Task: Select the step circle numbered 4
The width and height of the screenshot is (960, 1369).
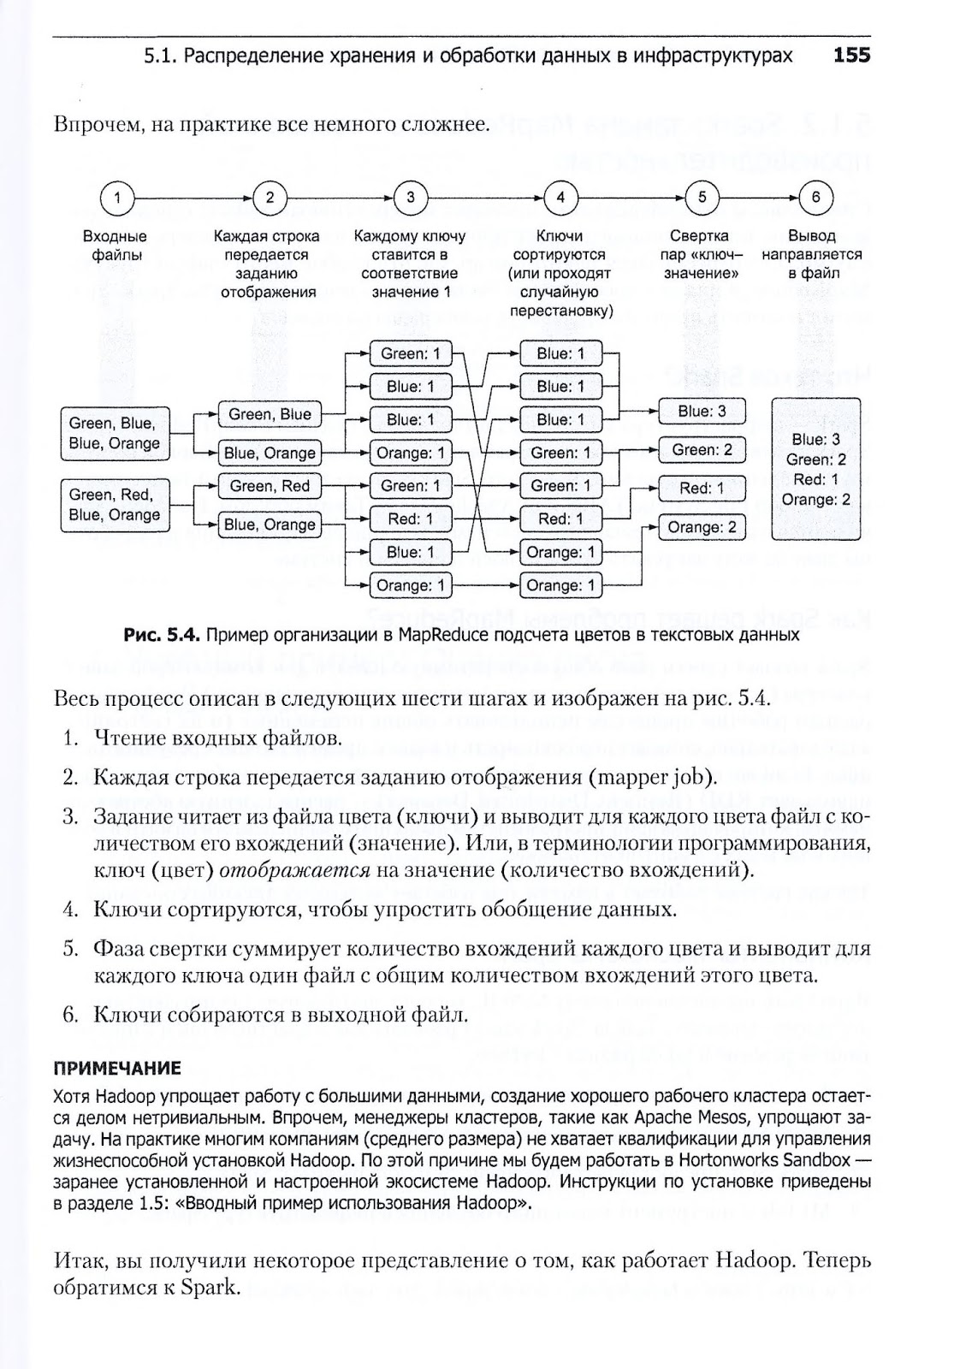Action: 560,198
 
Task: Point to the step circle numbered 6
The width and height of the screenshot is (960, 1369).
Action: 815,198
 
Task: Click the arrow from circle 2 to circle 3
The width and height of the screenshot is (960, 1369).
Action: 341,198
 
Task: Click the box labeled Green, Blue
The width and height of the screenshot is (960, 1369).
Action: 270,415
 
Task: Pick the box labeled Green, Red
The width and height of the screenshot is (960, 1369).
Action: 270,486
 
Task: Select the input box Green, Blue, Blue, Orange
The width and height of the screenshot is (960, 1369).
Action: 115,434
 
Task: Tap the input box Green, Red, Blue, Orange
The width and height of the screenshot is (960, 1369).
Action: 115,505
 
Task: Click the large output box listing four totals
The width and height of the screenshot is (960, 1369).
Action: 815,469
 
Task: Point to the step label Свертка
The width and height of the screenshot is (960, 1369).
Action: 700,236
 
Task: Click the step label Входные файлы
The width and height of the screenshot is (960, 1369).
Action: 115,246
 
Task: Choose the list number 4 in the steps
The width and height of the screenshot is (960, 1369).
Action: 70,909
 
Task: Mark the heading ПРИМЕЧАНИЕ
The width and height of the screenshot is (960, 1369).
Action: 117,1069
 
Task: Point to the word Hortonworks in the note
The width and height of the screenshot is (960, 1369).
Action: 724,1161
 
